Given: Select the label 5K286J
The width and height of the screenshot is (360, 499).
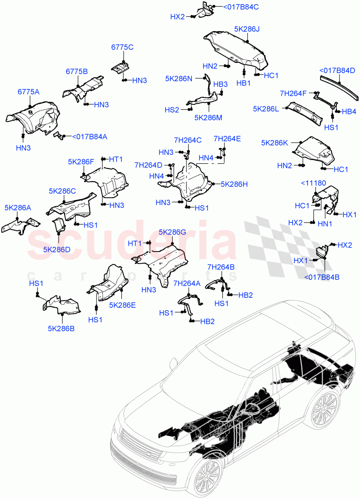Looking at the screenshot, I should (246, 30).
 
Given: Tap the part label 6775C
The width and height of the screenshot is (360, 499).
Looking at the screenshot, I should (122, 47).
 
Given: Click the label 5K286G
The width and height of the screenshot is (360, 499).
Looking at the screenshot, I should (172, 232).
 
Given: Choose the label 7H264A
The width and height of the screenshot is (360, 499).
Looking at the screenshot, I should (187, 284).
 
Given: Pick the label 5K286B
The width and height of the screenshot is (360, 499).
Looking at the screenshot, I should (61, 328).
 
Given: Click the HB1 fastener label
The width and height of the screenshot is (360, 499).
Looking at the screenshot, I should (243, 83).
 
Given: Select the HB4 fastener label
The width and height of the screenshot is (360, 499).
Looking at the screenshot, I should (348, 111).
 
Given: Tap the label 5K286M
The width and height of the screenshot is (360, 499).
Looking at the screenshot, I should (208, 118).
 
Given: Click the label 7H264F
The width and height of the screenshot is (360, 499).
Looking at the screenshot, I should (293, 94).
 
